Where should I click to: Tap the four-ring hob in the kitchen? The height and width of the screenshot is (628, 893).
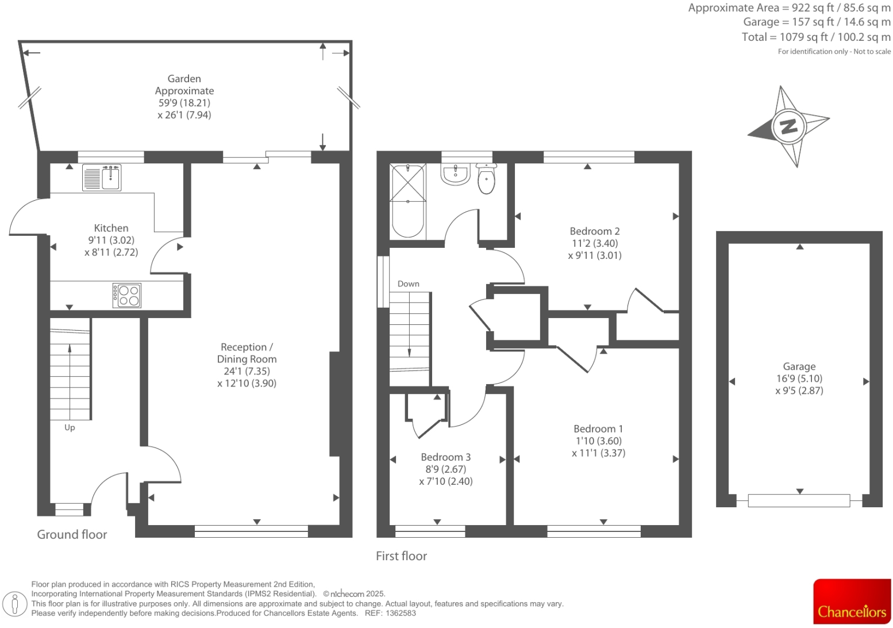pos(127,295)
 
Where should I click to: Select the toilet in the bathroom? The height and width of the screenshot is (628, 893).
pos(486,179)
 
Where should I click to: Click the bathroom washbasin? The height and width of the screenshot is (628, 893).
pos(455,174)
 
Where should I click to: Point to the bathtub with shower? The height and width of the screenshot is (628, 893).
pos(407,201)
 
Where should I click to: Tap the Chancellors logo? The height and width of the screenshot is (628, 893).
pos(852,602)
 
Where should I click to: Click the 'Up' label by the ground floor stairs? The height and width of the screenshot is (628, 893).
pos(70,427)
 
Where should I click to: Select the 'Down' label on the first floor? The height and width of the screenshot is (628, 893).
pos(408,284)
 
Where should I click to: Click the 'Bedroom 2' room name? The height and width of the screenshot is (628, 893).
pos(594,231)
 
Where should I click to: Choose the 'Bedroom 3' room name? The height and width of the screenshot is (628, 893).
pos(445,457)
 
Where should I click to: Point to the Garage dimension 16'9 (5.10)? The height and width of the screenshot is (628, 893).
pos(799,378)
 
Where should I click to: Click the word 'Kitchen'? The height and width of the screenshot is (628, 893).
pos(111,228)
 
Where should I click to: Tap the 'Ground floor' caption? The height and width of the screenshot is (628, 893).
pos(72,534)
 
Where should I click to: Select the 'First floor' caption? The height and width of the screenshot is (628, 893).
pos(401,556)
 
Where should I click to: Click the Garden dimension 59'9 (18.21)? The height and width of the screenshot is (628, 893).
pos(184,103)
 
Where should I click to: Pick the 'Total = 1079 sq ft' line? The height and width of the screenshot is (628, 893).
pos(815,37)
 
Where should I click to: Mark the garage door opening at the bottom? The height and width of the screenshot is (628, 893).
pos(799,500)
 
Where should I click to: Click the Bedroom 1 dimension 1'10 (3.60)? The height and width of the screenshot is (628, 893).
pos(598,441)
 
